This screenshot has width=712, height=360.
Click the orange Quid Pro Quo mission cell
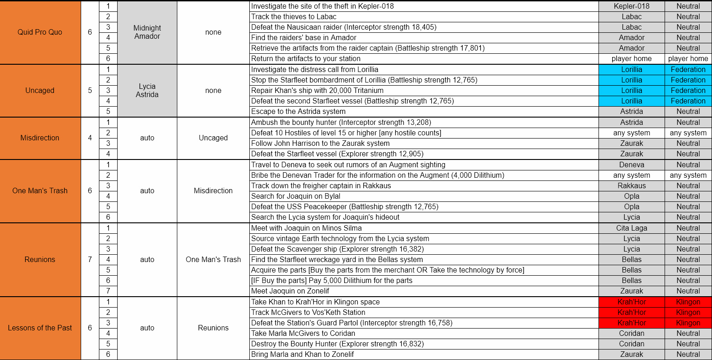tap(40, 32)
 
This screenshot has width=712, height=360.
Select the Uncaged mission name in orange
tap(40, 91)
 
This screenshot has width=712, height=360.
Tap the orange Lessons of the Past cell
tap(40, 328)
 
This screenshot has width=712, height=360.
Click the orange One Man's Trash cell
tap(40, 191)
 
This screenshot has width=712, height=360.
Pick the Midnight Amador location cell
tap(147, 32)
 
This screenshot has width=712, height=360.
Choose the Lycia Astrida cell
tap(147, 91)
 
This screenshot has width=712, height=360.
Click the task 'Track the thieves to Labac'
tap(294, 17)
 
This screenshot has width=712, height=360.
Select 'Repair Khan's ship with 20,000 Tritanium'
tap(317, 91)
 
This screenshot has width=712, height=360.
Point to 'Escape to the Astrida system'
tap(299, 112)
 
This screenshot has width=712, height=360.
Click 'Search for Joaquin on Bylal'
tap(296, 196)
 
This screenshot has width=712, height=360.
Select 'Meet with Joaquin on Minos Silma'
tap(306, 228)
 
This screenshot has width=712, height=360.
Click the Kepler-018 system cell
tap(631, 6)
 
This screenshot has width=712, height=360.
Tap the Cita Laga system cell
tap(631, 228)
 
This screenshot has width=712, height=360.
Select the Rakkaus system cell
tap(631, 186)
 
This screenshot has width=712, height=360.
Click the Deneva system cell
tap(631, 165)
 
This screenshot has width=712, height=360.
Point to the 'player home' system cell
tap(631, 59)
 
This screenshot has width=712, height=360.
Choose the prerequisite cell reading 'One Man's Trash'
tap(213, 260)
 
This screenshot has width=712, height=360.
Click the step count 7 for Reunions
tap(90, 260)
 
